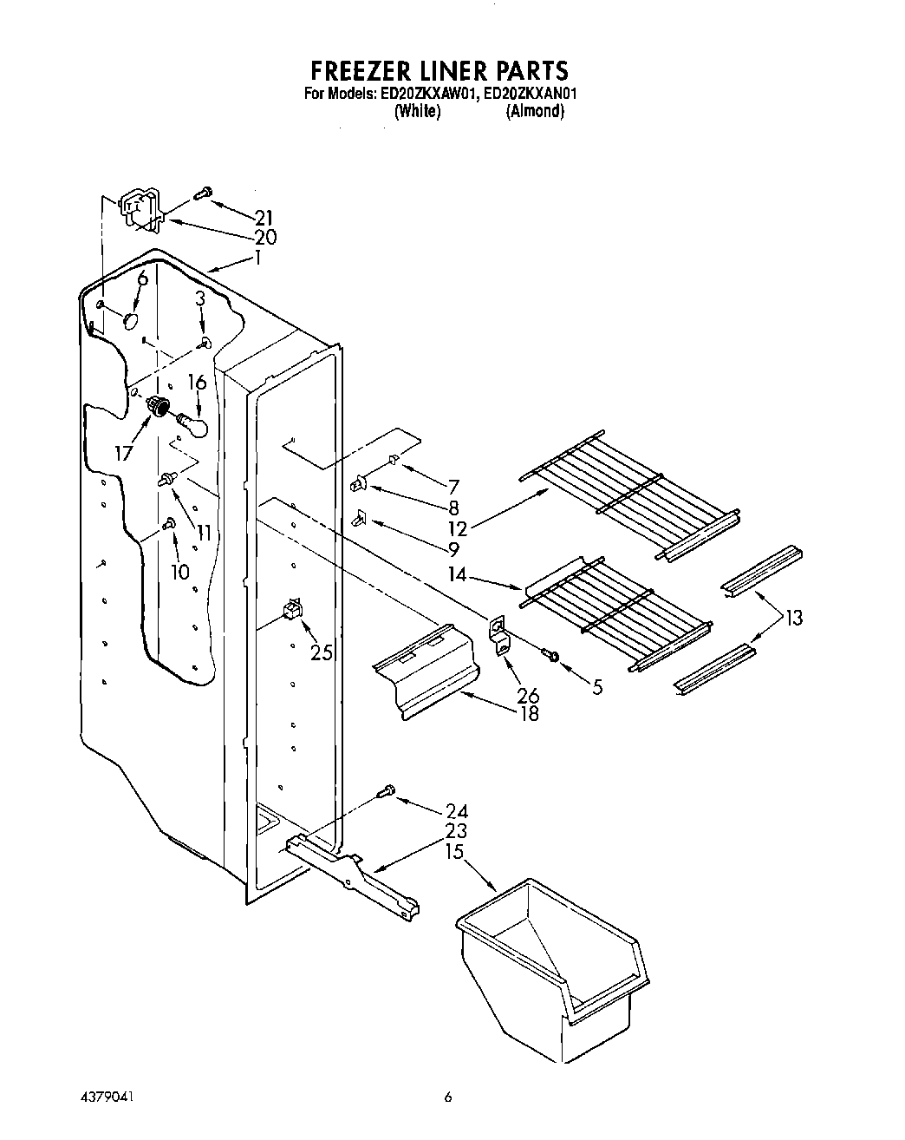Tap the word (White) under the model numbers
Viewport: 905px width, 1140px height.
click(418, 111)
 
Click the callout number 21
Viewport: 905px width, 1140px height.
click(264, 218)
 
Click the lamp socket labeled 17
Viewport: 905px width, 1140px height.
click(159, 404)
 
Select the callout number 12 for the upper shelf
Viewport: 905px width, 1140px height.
click(458, 528)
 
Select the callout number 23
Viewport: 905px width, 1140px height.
click(456, 830)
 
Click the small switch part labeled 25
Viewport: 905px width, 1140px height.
click(292, 611)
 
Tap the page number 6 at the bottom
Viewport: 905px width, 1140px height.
click(448, 1097)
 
